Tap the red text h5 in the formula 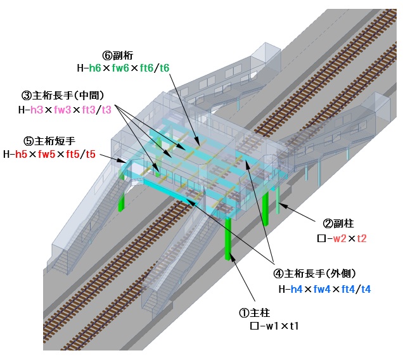click(22, 153)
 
